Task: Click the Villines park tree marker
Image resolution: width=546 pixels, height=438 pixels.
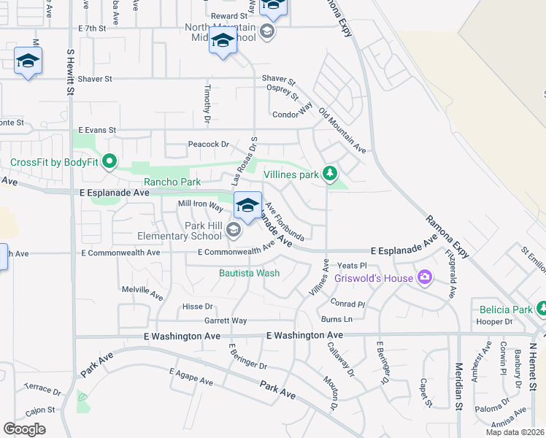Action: point(331,174)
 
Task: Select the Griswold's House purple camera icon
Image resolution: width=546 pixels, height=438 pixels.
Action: point(424,277)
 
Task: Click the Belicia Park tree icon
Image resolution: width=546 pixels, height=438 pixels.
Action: point(541,309)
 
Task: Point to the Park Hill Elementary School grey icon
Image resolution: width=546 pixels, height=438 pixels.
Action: point(234,231)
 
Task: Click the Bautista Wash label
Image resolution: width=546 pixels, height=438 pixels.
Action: point(250,274)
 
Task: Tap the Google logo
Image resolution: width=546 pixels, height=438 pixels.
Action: point(24,429)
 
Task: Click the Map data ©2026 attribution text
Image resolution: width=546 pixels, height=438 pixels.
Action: point(515,432)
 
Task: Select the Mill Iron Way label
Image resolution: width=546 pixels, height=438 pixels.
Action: point(201,207)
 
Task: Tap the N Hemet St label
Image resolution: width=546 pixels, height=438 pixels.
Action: point(534,365)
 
